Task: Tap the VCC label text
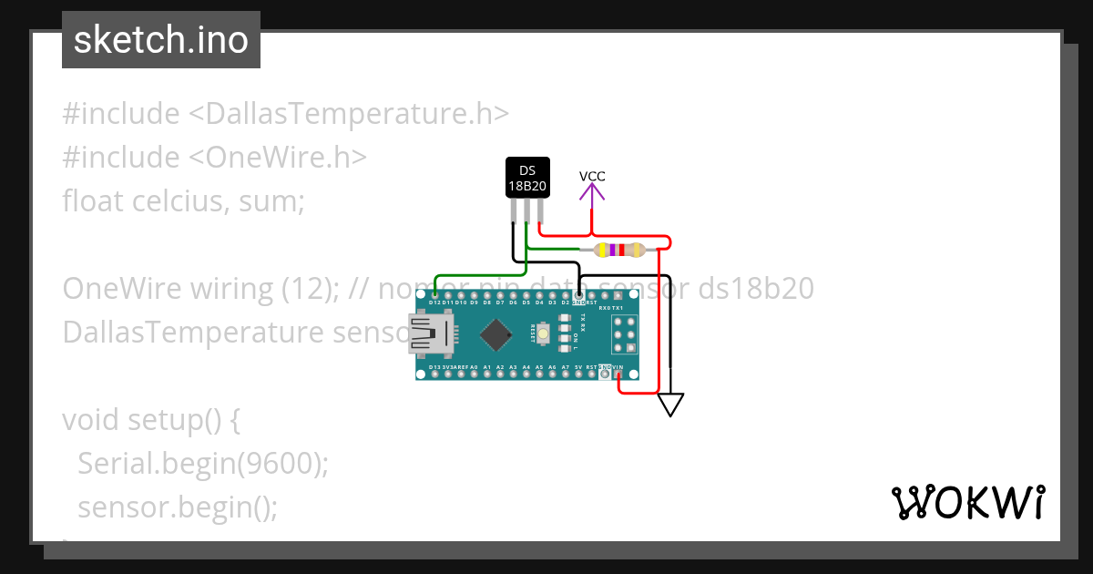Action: [592, 177]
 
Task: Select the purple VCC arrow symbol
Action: [592, 192]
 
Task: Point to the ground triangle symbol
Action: [670, 404]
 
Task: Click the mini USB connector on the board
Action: [424, 333]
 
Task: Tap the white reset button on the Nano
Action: [543, 334]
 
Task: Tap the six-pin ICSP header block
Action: [624, 335]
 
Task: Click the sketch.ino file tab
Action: [161, 40]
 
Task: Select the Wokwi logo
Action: [967, 503]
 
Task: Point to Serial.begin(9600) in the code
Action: [202, 463]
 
